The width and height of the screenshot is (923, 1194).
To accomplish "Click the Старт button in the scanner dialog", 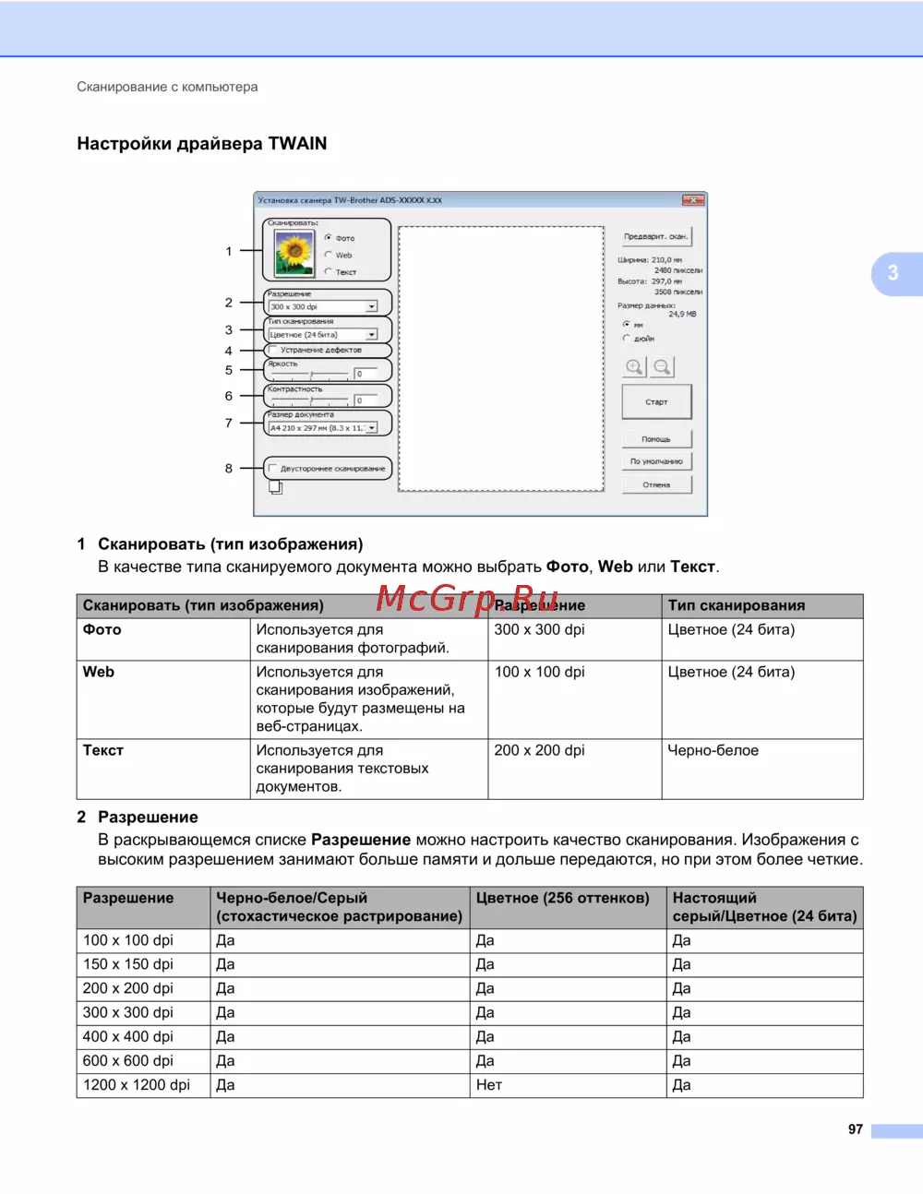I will tap(656, 402).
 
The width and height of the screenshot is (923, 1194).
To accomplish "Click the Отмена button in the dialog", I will tap(656, 484).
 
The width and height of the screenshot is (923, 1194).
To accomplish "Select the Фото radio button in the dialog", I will tap(329, 238).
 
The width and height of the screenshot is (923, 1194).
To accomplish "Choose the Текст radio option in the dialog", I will tap(329, 272).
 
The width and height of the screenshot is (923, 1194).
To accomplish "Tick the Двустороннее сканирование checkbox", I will tap(273, 469).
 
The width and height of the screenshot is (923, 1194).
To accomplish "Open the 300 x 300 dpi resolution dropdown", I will tap(371, 307).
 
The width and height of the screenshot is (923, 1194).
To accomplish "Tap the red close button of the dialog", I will tap(693, 200).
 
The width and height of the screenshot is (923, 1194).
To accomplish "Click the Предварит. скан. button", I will tap(655, 237).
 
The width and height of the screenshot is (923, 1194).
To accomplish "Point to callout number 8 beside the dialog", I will tap(229, 469).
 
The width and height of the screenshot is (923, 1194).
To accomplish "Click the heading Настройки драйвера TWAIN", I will tap(202, 144).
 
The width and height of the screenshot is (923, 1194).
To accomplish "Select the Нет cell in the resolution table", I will tap(489, 1085).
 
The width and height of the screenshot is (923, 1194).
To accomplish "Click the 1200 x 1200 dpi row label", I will tap(137, 1085).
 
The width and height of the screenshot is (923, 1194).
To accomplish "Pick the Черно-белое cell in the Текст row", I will tap(713, 751).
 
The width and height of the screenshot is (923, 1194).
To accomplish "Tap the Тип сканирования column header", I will tap(737, 606).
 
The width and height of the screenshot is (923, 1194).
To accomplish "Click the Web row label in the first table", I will tap(99, 673).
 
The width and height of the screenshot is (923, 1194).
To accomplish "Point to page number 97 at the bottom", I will tap(856, 1129).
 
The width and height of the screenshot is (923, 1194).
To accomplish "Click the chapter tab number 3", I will tap(893, 273).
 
